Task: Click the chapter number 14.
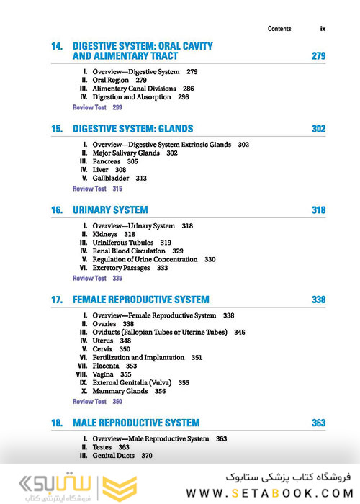pyautogui.click(x=57, y=46)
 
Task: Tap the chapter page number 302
pyautogui.click(x=318, y=129)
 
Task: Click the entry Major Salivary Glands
pyautogui.click(x=126, y=153)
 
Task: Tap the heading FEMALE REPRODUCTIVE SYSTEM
pyautogui.click(x=141, y=300)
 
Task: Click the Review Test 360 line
pyautogui.click(x=97, y=401)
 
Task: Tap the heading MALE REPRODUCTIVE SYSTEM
pyautogui.click(x=136, y=423)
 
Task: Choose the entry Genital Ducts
pyautogui.click(x=114, y=456)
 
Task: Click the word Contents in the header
pyautogui.click(x=279, y=29)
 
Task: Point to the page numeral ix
pyautogui.click(x=323, y=29)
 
